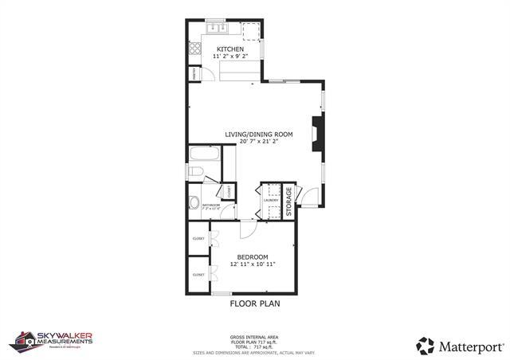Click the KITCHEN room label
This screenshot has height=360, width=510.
point(229,49)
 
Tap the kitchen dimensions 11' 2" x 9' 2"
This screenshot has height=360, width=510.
point(229,57)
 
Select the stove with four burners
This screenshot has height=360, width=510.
point(194,48)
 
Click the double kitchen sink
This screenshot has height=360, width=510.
point(217,29)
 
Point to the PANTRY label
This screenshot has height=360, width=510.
point(194,74)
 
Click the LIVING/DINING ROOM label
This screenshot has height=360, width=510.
point(254,134)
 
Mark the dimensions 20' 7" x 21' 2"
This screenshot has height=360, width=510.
point(254,141)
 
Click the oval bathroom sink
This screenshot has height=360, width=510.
point(194,200)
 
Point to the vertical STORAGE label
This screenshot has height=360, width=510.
point(289,201)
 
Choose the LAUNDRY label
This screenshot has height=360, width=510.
point(270,200)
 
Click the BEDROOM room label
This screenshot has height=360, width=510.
point(253,256)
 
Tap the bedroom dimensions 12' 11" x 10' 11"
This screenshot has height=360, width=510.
point(253,264)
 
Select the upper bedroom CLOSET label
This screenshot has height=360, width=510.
point(198,238)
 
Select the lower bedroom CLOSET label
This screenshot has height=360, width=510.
point(198,275)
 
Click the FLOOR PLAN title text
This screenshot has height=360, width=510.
point(255,303)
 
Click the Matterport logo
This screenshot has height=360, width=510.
point(460,346)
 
